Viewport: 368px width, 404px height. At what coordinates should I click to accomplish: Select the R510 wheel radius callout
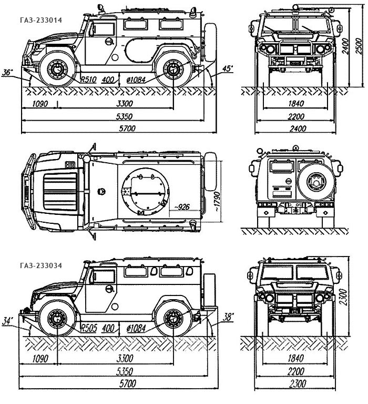tap(88, 80)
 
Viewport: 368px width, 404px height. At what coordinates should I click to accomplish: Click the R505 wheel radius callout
tap(88, 328)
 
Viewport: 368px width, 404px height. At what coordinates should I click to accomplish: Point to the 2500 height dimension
tap(360, 50)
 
